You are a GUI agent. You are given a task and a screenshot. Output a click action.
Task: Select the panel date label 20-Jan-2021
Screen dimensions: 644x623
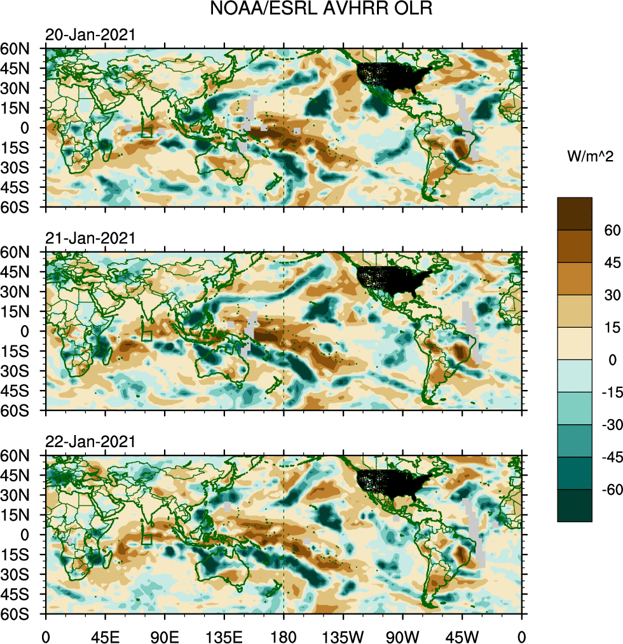click(90, 35)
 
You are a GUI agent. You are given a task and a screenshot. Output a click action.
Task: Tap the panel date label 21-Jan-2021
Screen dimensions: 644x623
click(90, 238)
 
